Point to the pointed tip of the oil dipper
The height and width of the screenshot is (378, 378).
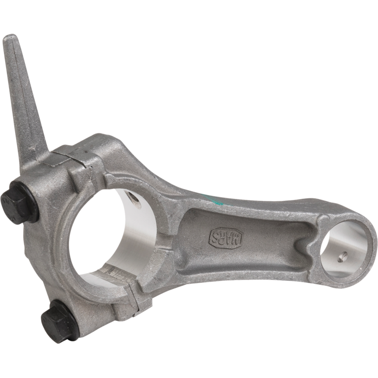point(10,39)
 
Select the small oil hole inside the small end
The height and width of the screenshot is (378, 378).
point(343,257)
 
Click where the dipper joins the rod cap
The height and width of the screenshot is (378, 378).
point(33,158)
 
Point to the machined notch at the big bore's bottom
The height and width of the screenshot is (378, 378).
point(116,274)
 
